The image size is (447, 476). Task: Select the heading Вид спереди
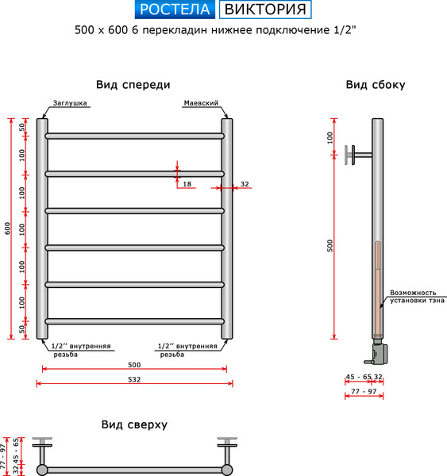pos(133,85)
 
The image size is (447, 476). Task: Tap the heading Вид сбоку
pos(376,85)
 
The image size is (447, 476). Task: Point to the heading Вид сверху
pos(134,424)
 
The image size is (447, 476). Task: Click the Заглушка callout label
pos(71,103)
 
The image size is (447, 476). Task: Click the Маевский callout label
pos(201,103)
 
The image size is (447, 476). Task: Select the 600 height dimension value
pos(8,228)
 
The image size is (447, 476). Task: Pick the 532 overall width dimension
pos(134,379)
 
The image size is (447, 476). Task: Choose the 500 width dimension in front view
pos(134,365)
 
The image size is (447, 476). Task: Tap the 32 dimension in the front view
pos(244,184)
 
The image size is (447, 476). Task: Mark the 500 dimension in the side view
pos(331,247)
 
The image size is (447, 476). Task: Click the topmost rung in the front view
pos(134,136)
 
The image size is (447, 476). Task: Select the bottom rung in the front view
pos(134,321)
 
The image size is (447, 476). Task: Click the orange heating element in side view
pos(378,286)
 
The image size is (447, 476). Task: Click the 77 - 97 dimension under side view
pos(364,392)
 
